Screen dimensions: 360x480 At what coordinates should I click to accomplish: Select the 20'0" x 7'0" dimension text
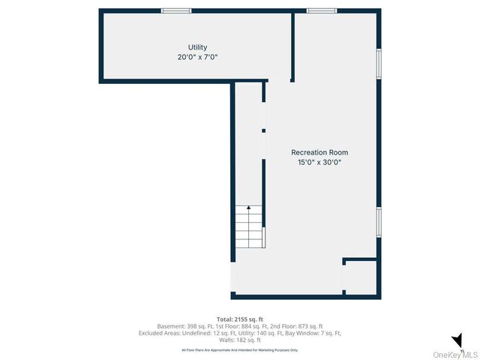pos(197,57)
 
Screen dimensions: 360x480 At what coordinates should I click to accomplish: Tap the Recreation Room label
pos(319,152)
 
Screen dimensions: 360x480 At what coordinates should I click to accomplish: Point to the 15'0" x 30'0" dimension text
pos(319,162)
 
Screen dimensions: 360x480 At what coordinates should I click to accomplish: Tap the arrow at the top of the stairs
pos(249,208)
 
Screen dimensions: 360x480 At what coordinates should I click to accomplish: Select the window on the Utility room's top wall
pos(176,10)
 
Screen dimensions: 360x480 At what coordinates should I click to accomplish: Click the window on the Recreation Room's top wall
pos(321,10)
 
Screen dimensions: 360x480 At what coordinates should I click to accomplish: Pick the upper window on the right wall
pos(379,64)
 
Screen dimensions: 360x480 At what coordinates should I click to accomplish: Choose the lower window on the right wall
pos(379,221)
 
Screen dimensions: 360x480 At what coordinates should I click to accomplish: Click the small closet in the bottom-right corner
pos(360,278)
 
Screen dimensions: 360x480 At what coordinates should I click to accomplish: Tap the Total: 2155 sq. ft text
pos(240,319)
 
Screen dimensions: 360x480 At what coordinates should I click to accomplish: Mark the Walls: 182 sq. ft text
pos(240,340)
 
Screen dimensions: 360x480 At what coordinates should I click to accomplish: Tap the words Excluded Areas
pos(159,333)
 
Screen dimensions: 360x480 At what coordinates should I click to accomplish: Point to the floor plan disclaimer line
pos(240,349)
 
